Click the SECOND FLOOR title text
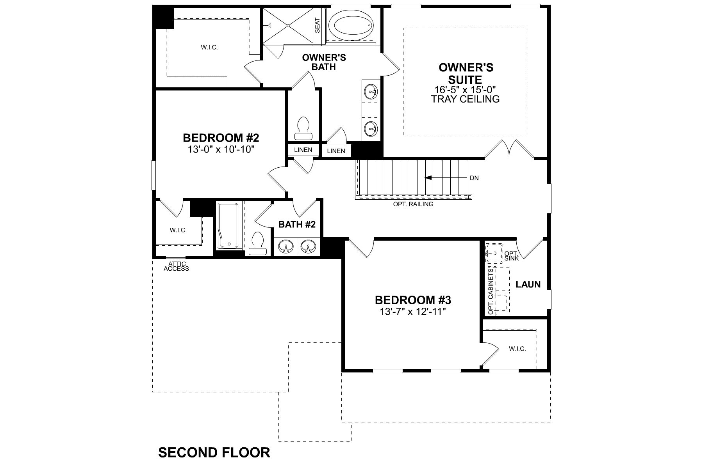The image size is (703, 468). click(x=214, y=452)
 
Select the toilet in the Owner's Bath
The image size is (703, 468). click(x=303, y=129)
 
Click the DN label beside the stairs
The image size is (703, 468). click(x=474, y=178)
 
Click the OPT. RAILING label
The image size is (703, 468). click(x=413, y=204)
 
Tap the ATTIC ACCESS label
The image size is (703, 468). click(x=176, y=266)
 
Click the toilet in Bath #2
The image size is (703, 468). click(x=257, y=243)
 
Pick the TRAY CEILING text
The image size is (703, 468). click(x=465, y=99)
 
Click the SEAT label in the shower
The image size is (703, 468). click(x=317, y=25)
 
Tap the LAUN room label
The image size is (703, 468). click(x=528, y=284)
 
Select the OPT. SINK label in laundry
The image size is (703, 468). click(x=512, y=256)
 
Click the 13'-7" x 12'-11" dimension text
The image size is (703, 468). click(x=413, y=312)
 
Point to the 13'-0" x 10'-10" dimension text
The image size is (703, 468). click(x=221, y=149)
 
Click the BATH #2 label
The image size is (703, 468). click(x=297, y=224)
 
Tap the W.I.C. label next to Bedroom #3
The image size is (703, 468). click(x=517, y=349)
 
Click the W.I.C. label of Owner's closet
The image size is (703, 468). click(x=209, y=47)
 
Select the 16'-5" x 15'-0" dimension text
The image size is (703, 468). click(x=465, y=90)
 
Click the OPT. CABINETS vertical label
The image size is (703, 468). click(x=491, y=291)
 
